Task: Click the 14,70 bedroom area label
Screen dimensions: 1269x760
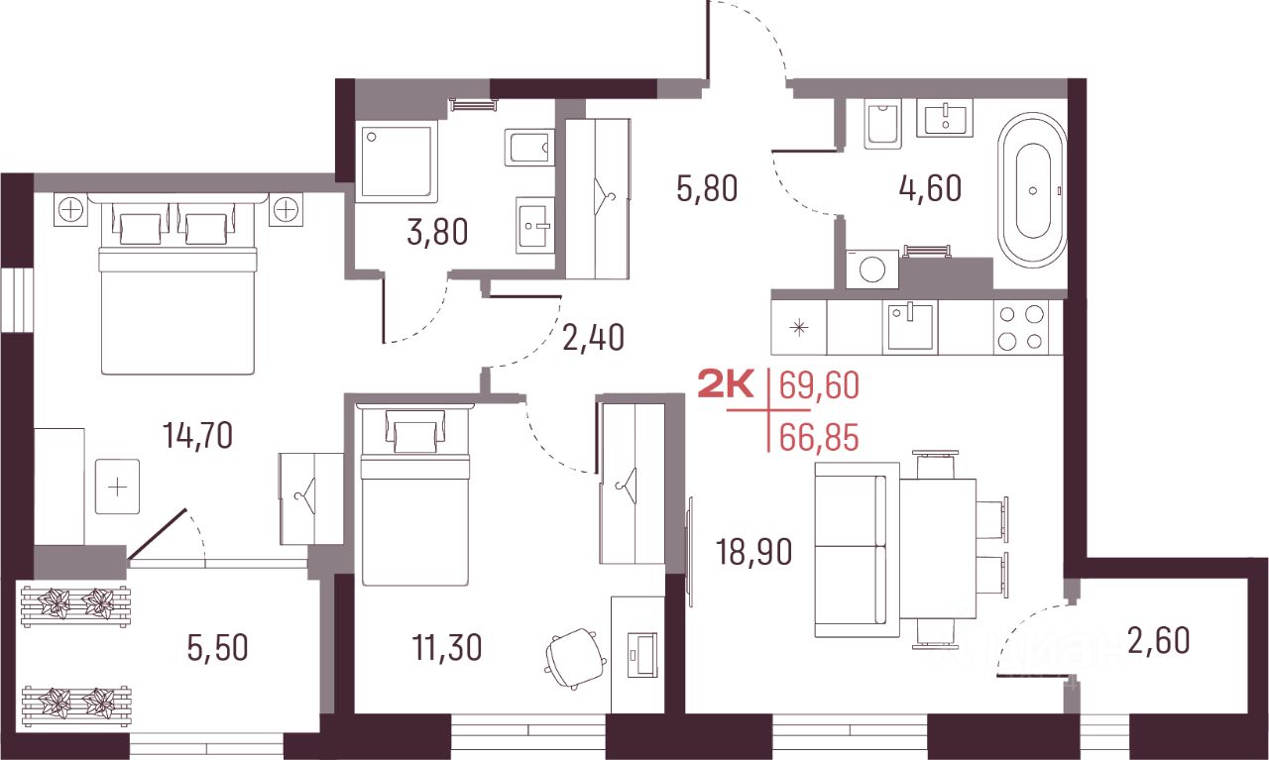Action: tap(197, 436)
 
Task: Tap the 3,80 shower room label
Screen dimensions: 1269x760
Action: tap(437, 232)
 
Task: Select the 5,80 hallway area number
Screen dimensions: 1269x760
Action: tap(707, 188)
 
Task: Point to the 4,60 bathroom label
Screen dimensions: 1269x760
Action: tap(930, 188)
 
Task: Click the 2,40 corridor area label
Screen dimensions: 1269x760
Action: tap(594, 337)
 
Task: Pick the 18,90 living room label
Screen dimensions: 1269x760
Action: tap(754, 552)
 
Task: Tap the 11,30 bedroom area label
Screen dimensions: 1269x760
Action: tap(447, 647)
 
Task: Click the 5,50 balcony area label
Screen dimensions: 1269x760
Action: tap(217, 648)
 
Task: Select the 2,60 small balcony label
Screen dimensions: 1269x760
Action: tap(1159, 641)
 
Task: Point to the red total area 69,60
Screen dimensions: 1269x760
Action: tap(819, 385)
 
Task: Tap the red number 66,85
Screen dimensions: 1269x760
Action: tap(819, 438)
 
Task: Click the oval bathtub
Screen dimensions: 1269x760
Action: tap(1032, 190)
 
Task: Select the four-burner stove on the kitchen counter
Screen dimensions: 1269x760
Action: tap(1021, 327)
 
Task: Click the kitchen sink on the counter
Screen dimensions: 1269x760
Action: tap(910, 327)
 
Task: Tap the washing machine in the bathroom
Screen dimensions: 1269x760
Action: tap(871, 270)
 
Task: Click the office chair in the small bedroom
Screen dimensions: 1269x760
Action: tap(575, 658)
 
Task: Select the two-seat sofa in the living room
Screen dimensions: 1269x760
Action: tap(857, 549)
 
